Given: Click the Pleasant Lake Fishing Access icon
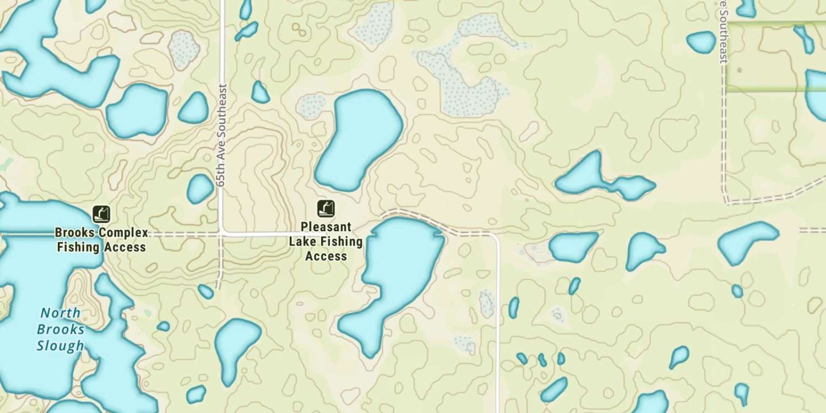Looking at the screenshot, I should pyautogui.click(x=326, y=209).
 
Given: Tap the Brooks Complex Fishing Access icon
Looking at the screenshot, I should pyautogui.click(x=101, y=214).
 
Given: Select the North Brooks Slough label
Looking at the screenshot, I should pyautogui.click(x=61, y=329).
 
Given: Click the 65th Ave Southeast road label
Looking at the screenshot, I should pyautogui.click(x=222, y=135).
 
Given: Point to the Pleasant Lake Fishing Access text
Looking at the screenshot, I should pyautogui.click(x=326, y=241).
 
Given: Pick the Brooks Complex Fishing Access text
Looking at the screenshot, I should pyautogui.click(x=101, y=240).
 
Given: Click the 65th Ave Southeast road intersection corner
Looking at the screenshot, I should pyautogui.click(x=221, y=233).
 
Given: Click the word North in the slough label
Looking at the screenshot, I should pyautogui.click(x=61, y=313).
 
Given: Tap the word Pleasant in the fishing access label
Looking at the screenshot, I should pyautogui.click(x=326, y=227).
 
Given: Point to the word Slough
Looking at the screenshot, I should pyautogui.click(x=61, y=346).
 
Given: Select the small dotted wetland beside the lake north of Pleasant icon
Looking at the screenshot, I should pyautogui.click(x=312, y=105).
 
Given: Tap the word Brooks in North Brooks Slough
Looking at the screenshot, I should pyautogui.click(x=61, y=330).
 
